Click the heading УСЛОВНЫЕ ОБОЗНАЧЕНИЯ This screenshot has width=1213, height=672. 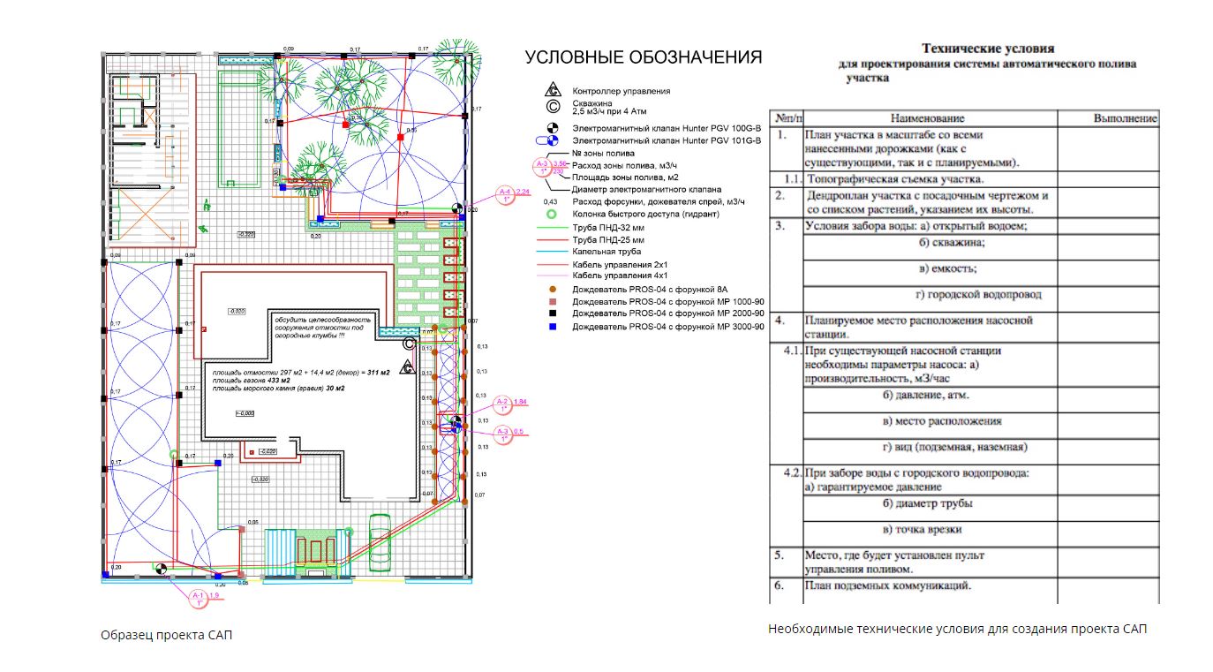click(x=644, y=58)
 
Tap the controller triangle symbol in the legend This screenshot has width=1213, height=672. click(x=552, y=90)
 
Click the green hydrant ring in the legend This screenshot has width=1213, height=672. click(x=552, y=214)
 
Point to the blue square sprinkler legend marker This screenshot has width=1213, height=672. click(x=552, y=327)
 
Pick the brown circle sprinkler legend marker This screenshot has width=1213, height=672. click(x=552, y=289)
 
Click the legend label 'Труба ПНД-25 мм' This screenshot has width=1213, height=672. click(x=608, y=238)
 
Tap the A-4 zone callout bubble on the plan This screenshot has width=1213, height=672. click(x=506, y=193)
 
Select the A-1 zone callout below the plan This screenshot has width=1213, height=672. click(x=199, y=598)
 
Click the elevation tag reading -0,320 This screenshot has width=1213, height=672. click(x=246, y=234)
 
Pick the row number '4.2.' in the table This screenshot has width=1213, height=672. click(x=790, y=473)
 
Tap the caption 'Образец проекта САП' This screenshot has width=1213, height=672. click(x=167, y=635)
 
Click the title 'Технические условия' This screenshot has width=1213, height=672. click(x=988, y=49)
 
